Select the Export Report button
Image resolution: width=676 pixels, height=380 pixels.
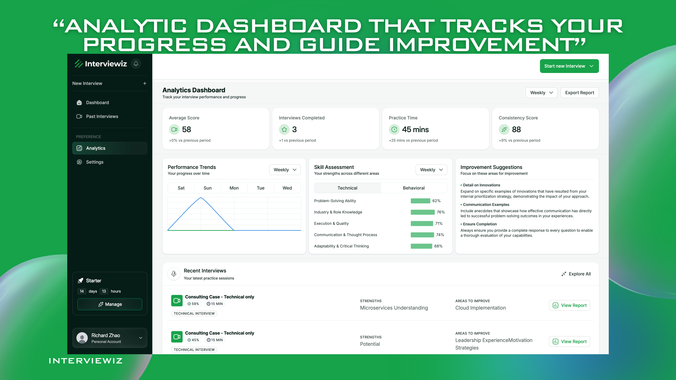pyautogui.click(x=579, y=93)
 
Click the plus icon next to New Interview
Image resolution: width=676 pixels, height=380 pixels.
pyautogui.click(x=145, y=83)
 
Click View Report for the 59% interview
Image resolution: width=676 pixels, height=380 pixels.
pyautogui.click(x=569, y=305)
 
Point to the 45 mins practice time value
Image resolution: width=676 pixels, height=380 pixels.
pyautogui.click(x=415, y=130)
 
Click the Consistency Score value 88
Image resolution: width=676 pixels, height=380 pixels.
pyautogui.click(x=516, y=130)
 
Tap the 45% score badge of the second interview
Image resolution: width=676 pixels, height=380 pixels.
pyautogui.click(x=193, y=340)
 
